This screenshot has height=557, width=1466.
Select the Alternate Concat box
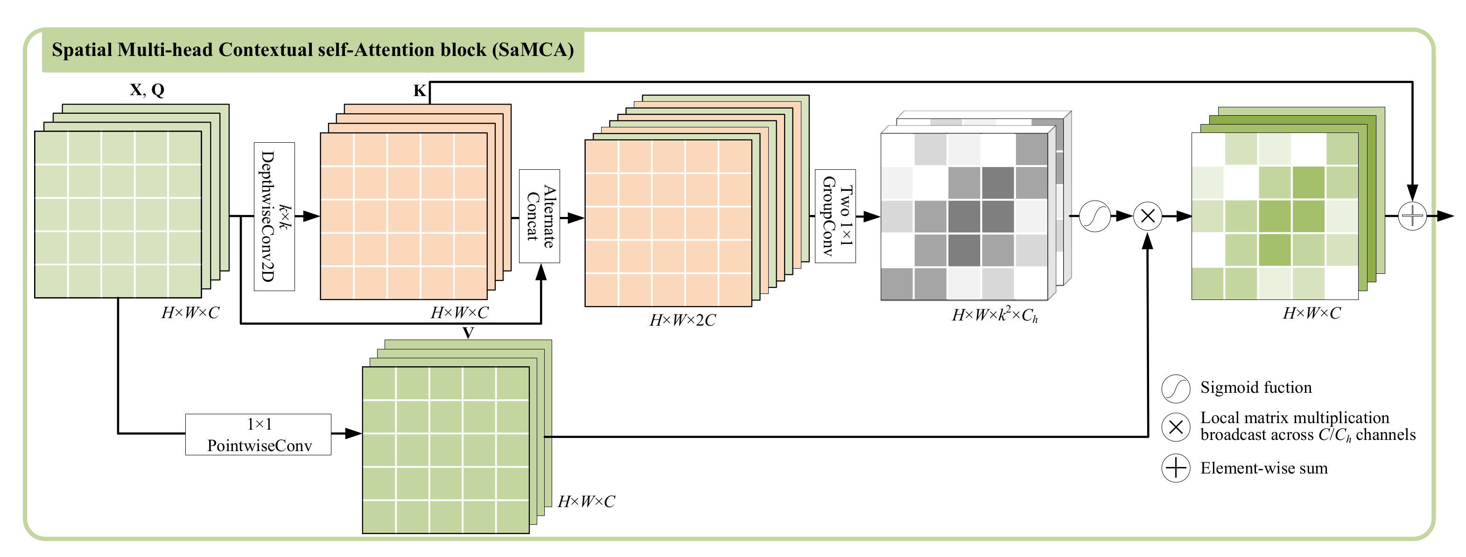pos(539,216)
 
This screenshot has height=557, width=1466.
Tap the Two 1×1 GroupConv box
pos(835,216)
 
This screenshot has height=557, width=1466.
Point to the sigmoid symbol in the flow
pos(1094,216)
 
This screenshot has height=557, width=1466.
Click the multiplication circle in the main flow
pos(1147,216)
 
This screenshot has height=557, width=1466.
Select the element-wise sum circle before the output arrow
pos(1412,216)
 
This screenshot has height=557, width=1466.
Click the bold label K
pos(420,91)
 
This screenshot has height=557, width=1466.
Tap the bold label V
pos(468,332)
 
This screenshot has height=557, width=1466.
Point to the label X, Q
pos(147,89)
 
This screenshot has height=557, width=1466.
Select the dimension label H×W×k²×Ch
pos(994,314)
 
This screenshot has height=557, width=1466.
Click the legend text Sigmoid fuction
pos(1256,388)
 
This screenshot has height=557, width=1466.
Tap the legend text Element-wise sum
pos(1263,468)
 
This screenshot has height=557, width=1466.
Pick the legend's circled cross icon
pos(1175,427)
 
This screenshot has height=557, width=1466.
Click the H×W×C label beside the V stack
pos(586,501)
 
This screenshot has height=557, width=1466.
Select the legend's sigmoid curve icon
pos(1175,389)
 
